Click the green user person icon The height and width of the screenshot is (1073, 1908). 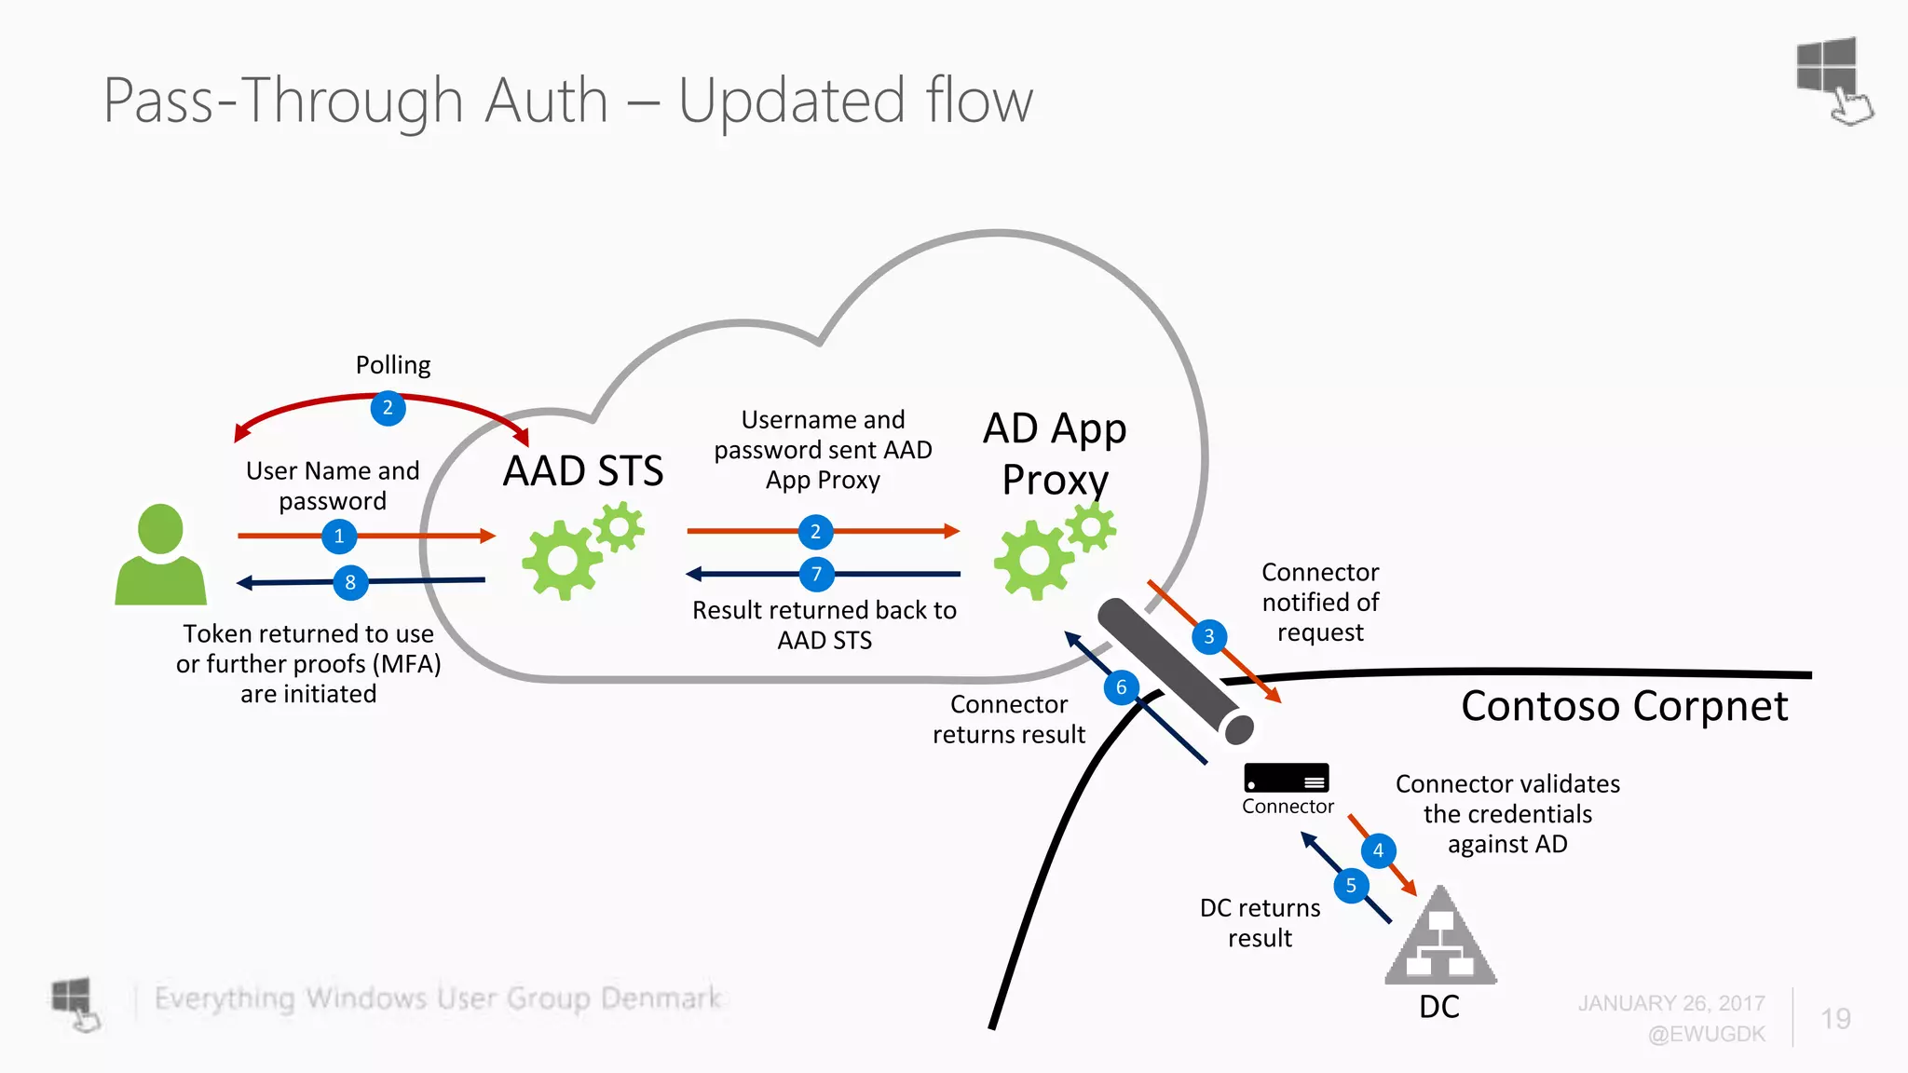click(160, 556)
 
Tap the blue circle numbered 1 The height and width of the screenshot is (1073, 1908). click(339, 536)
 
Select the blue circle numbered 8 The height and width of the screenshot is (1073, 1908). click(350, 583)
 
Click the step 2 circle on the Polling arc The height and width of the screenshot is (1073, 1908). click(388, 408)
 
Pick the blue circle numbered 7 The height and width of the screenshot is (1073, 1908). click(816, 574)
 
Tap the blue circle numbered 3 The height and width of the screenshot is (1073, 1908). click(1209, 637)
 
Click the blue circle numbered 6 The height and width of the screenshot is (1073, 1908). click(1122, 688)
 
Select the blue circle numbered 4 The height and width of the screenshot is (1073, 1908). click(1378, 850)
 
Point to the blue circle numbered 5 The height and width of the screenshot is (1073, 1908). click(1351, 886)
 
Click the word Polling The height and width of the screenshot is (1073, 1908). click(393, 365)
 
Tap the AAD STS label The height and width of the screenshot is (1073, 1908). click(583, 471)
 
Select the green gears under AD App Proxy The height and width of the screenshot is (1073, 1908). click(1053, 551)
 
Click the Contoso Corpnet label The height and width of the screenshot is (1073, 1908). click(1624, 706)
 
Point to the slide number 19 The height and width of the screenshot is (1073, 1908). click(1835, 1019)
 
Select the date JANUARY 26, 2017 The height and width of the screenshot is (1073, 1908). click(1671, 1003)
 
